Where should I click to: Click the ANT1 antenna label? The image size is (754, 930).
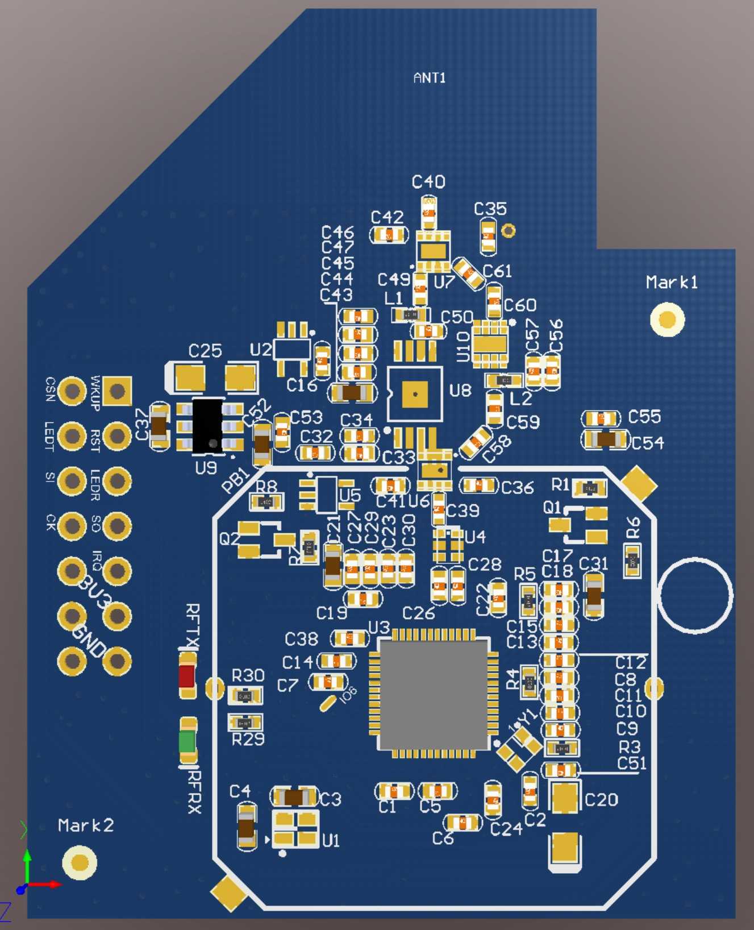pos(430,77)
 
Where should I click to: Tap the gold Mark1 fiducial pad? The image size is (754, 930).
pos(667,319)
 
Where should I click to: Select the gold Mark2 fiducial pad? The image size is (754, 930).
pos(80,862)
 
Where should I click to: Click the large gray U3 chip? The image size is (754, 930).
pos(434,694)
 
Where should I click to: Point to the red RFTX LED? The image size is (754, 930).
pos(187,676)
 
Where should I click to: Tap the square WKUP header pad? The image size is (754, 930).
pos(117,391)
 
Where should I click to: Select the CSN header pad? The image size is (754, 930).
pos(72,391)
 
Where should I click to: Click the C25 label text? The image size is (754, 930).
pos(205,351)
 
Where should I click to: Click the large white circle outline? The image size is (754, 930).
pos(694,595)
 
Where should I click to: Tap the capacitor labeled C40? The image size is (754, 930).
pos(429,213)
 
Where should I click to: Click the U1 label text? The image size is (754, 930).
pos(331,840)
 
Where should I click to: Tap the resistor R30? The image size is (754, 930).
pos(245,695)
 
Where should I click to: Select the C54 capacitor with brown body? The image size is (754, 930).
pos(606,439)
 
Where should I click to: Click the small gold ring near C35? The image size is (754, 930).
pos(509,230)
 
